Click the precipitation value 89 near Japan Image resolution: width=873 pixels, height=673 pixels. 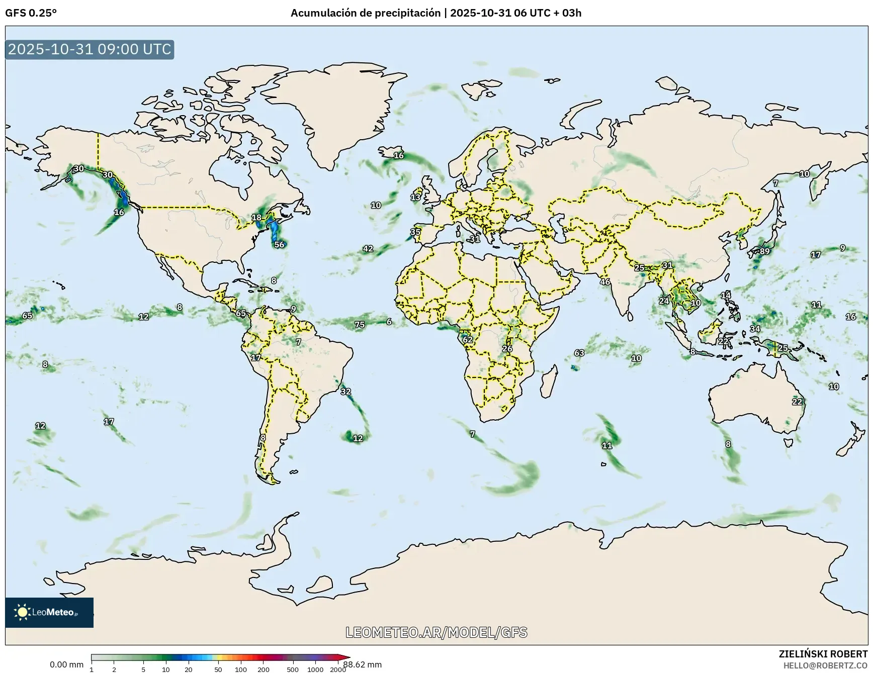pos(764,251)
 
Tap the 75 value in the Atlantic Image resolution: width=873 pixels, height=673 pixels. pos(360,325)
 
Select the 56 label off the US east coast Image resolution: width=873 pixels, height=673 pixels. pos(279,245)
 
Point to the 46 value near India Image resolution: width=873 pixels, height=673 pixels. pos(605,282)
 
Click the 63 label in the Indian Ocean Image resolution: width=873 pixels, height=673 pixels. pos(579,353)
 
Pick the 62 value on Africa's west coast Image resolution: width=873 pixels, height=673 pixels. pos(468,340)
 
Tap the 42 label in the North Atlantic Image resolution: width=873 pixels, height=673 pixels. pos(368,249)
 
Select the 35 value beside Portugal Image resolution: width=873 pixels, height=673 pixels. pos(415,232)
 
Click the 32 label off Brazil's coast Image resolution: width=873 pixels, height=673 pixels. pos(346,392)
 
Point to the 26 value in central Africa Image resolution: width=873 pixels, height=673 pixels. pos(507,349)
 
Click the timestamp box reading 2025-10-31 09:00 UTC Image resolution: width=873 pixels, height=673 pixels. pos(90,49)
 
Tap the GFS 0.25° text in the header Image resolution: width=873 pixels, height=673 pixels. pos(31,13)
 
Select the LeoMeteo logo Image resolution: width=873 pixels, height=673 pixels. pos(49,612)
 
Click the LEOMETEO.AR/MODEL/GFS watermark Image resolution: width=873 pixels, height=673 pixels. pos(436,632)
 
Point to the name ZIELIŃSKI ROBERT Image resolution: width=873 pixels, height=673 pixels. pos(823,654)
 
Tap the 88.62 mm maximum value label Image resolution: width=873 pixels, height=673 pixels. pos(363,664)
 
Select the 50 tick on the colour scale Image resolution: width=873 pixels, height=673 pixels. pos(218,669)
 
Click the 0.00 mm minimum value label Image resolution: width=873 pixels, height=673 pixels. pos(66,664)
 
